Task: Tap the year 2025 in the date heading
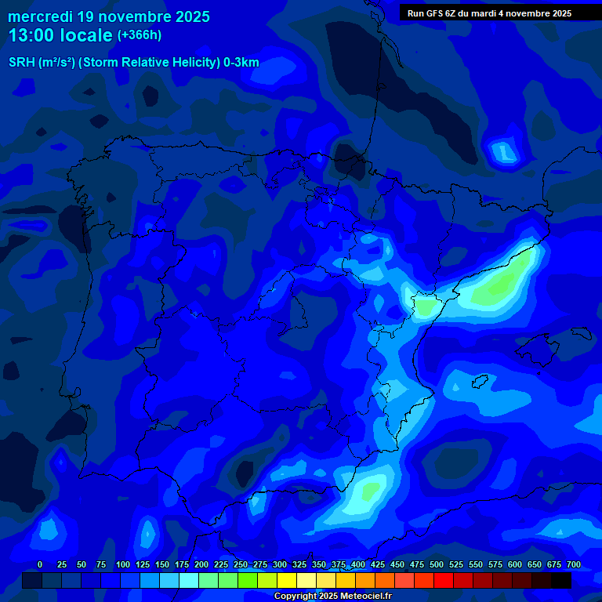click(x=187, y=16)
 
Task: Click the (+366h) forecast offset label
click(x=139, y=35)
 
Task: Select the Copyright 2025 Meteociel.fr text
click(x=332, y=597)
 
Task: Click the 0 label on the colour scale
click(x=40, y=564)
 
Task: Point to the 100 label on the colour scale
click(x=123, y=564)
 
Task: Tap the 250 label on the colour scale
click(x=241, y=564)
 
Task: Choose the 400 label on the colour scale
click(x=358, y=564)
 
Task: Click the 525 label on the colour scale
click(x=456, y=564)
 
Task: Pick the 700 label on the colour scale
click(x=574, y=564)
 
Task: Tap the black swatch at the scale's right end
click(x=561, y=581)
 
